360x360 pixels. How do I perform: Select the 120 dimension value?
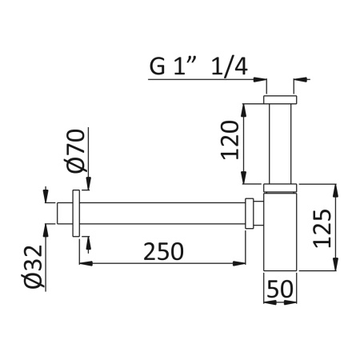230,141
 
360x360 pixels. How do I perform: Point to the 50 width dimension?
280,287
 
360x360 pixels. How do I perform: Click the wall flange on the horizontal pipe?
77,214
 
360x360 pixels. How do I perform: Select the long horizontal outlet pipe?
160,214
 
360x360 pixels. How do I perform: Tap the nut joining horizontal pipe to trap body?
250,214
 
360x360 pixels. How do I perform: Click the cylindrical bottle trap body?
280,236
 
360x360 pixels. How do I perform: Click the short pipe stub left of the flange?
65,214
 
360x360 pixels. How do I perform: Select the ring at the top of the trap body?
280,189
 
